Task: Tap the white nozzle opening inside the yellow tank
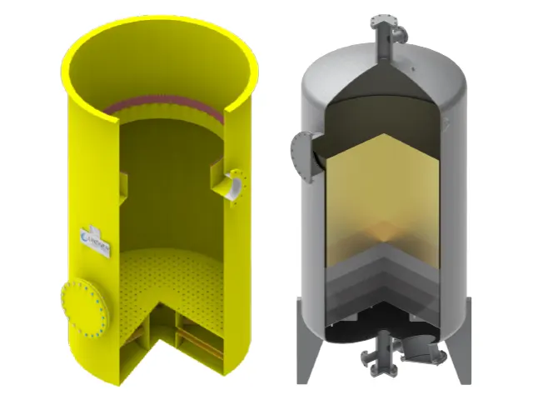tap(235, 185)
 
